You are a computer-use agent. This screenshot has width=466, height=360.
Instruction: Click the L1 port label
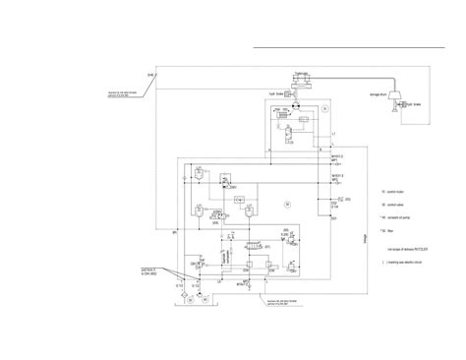(x=333, y=133)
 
